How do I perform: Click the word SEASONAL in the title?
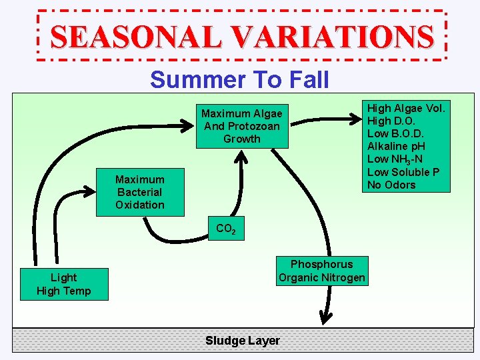[136, 37]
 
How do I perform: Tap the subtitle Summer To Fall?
[239, 80]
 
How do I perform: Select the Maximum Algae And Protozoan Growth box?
[241, 126]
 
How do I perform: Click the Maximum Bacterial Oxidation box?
[139, 192]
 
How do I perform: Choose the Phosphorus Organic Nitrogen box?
[321, 271]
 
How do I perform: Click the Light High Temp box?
[63, 284]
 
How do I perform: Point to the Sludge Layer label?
[242, 341]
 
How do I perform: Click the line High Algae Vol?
[406, 108]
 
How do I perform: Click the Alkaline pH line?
[396, 146]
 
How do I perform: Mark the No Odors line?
[391, 185]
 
